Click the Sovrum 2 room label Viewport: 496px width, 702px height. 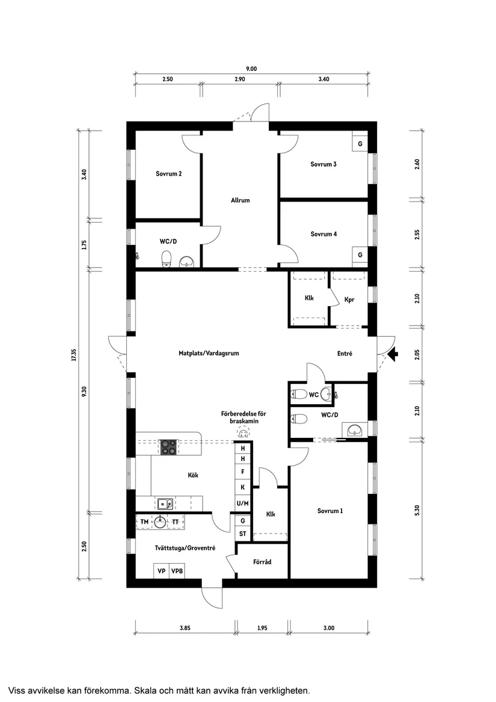(169, 174)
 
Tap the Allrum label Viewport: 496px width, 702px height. (240, 200)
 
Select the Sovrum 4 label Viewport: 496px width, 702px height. (323, 234)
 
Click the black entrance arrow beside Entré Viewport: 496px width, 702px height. (393, 354)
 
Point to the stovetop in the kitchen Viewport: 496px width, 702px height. (169, 447)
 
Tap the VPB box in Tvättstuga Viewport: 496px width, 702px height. (177, 571)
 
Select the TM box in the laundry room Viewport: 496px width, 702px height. (144, 522)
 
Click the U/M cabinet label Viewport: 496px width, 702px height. (243, 503)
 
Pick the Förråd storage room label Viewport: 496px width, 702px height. (262, 562)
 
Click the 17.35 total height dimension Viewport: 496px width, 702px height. (74, 354)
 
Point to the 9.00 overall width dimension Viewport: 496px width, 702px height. (251, 69)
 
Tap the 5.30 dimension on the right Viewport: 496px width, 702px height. (417, 510)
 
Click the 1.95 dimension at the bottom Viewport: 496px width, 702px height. (262, 627)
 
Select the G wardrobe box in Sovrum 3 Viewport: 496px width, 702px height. (360, 144)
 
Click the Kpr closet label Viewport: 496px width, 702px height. (350, 300)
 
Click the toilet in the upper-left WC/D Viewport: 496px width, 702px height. (167, 259)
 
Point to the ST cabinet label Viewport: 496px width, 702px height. (243, 534)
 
